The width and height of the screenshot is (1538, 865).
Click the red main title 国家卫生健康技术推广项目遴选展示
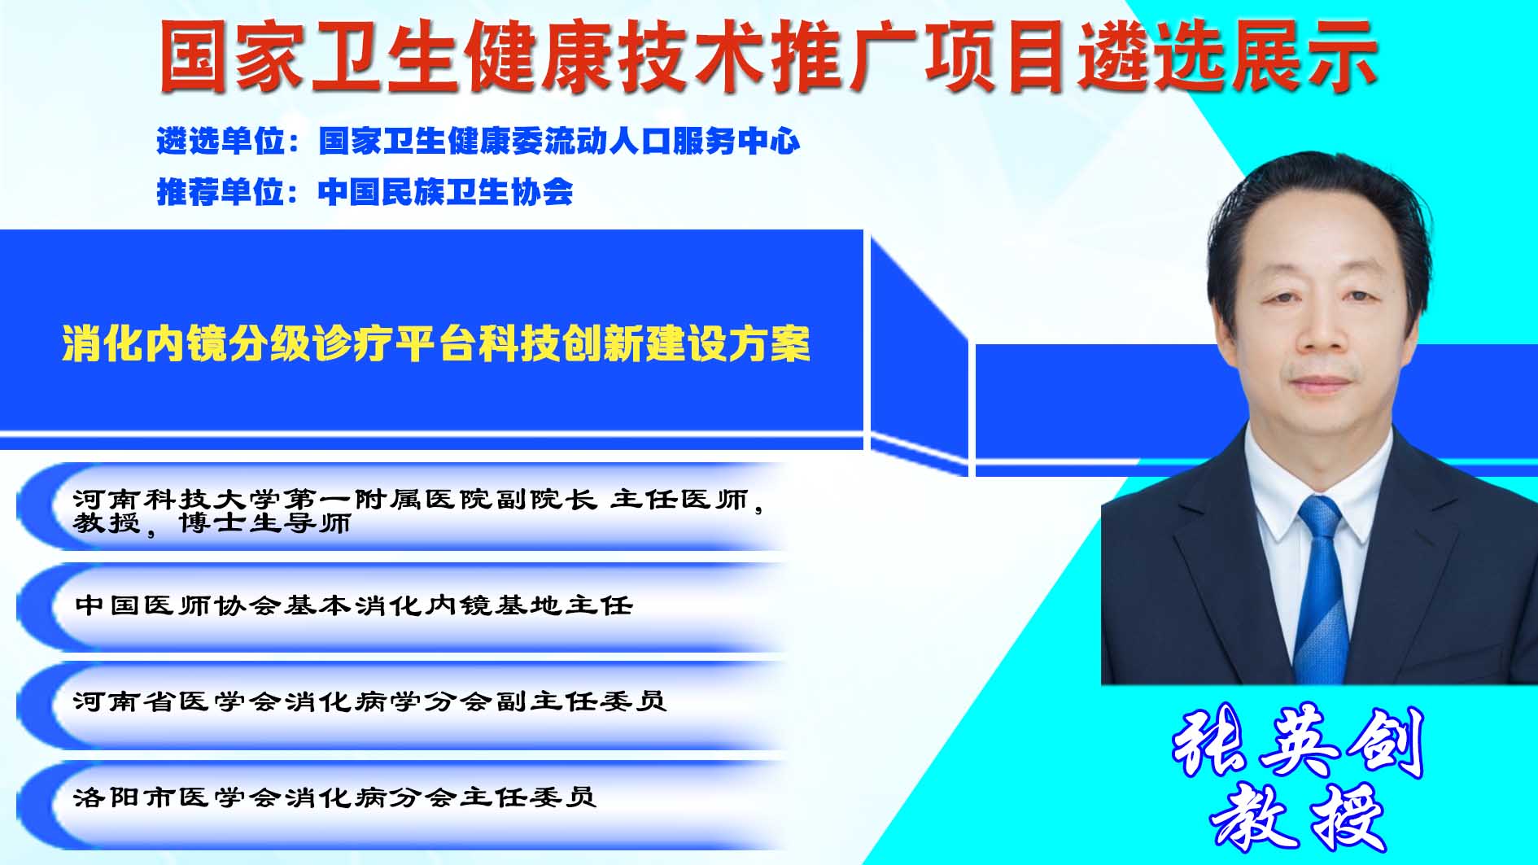[x=768, y=55]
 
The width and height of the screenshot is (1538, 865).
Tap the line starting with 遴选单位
[x=478, y=142]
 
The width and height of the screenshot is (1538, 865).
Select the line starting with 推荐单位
[x=365, y=192]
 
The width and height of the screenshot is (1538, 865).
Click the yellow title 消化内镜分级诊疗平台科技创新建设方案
[x=436, y=344]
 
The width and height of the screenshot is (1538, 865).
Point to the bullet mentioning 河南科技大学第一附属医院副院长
[x=419, y=511]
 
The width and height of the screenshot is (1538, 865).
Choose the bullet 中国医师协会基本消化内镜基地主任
[x=353, y=605]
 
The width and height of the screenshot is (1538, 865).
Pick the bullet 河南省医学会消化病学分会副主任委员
[x=370, y=701]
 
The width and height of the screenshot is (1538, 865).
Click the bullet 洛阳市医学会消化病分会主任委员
[x=335, y=797]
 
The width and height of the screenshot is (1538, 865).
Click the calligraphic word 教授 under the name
[x=1299, y=817]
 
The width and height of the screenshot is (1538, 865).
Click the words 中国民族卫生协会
[x=446, y=192]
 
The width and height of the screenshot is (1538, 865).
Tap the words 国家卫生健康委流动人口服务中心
[x=560, y=142]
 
